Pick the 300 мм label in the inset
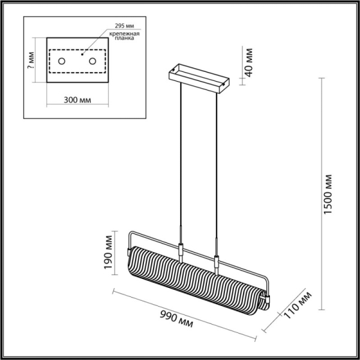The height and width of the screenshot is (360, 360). click(x=77, y=100)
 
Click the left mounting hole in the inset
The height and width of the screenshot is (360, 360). click(x=62, y=61)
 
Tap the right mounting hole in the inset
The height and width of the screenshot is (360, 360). click(x=92, y=61)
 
